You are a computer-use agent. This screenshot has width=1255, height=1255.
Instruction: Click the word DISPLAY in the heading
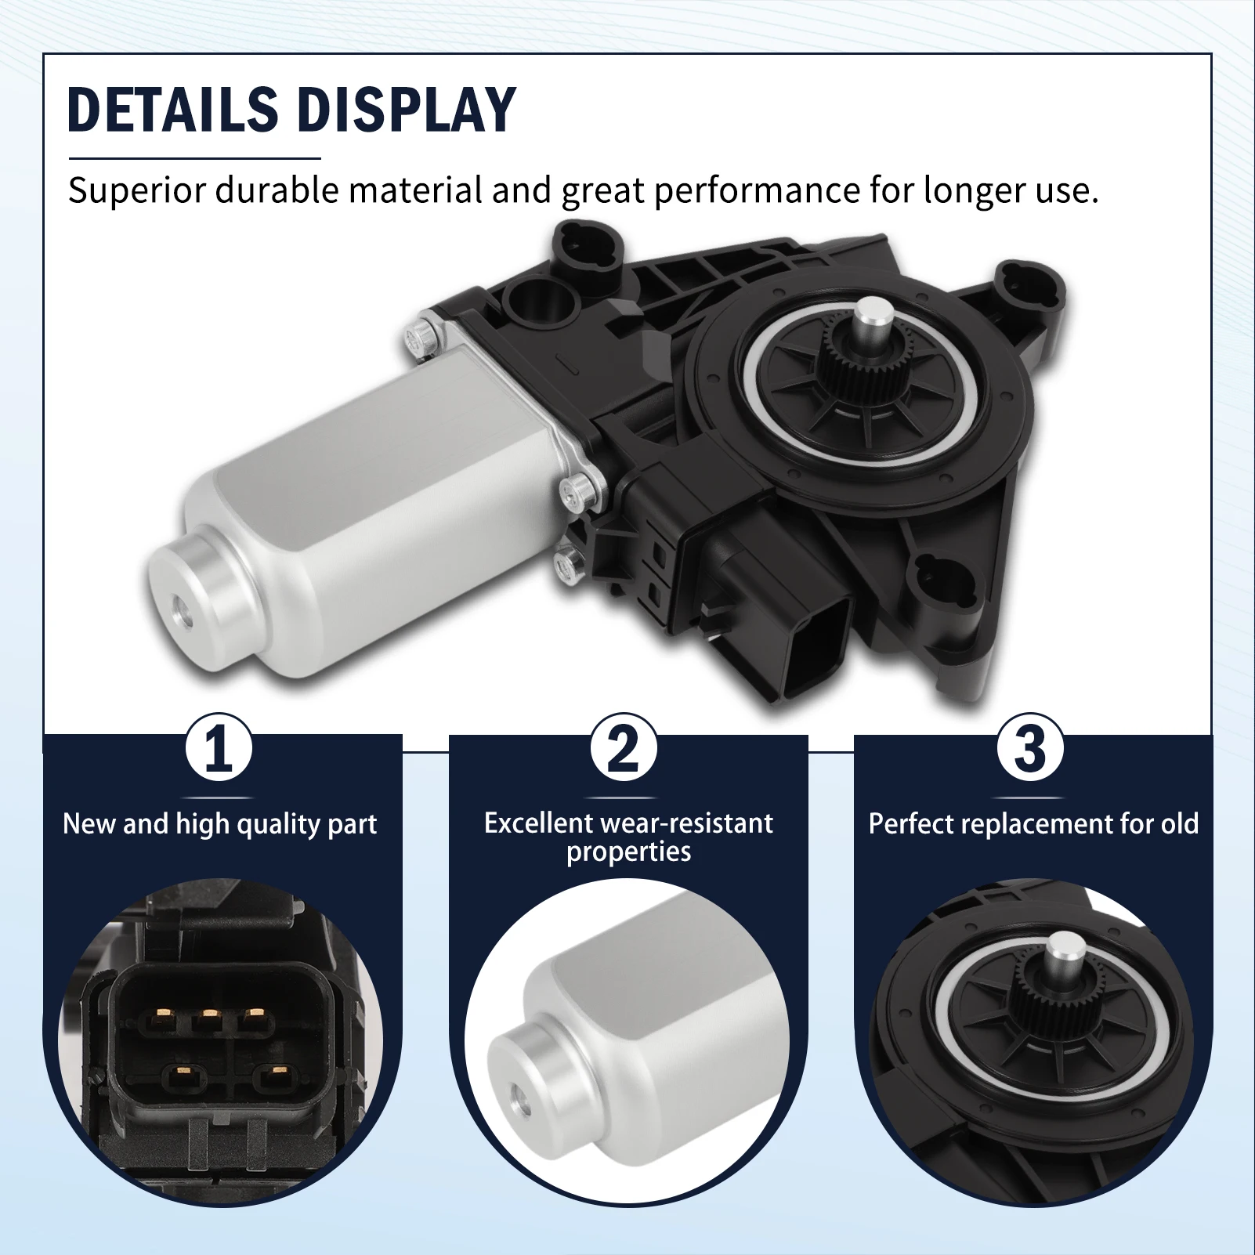[407, 109]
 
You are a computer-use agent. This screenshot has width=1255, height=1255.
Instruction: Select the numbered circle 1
[219, 747]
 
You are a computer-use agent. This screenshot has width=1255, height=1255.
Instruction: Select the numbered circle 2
[624, 747]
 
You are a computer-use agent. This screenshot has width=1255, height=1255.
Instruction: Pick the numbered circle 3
[1029, 747]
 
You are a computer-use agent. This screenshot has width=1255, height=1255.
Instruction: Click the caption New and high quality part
[220, 824]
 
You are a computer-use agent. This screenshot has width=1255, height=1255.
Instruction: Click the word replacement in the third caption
[1029, 824]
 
